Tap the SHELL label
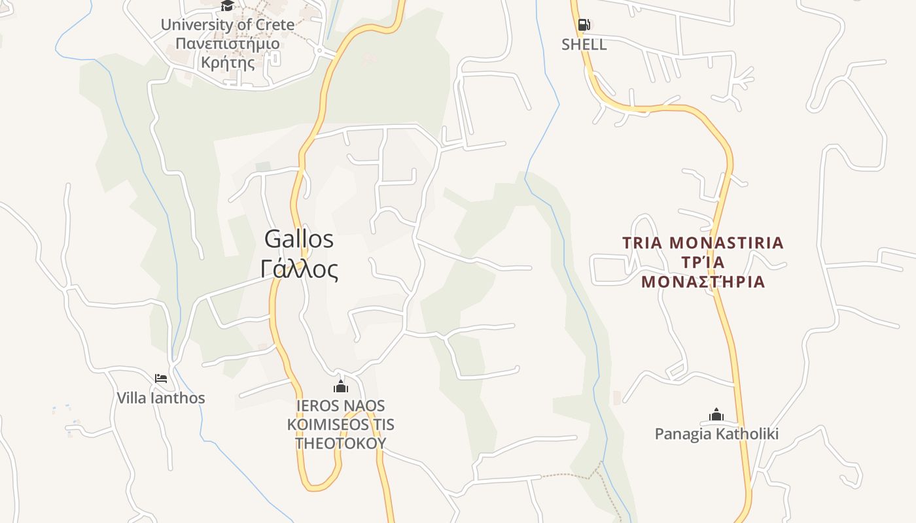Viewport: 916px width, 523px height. [584, 44]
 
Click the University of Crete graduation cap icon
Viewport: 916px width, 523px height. [227, 6]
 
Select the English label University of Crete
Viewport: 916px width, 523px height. [227, 25]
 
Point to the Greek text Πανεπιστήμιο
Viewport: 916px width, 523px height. [227, 44]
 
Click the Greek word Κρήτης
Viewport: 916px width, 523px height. [227, 63]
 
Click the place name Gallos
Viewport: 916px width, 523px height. [299, 239]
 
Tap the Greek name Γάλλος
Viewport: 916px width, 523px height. [299, 269]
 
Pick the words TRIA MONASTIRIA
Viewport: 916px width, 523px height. [703, 243]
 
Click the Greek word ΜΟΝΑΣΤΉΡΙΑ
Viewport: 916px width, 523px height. [703, 282]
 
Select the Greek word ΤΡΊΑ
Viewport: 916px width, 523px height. [703, 262]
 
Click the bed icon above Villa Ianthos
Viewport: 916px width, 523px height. [161, 378]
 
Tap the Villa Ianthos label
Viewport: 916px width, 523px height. [161, 397]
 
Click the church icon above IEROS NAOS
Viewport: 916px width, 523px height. [340, 386]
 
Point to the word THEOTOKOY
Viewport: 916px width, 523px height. [340, 443]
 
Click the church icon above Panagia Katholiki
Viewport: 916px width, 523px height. [716, 414]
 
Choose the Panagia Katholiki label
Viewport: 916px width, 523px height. [716, 434]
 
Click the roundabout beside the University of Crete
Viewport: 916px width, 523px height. [319, 50]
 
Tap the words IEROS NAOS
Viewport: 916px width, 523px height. [340, 405]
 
